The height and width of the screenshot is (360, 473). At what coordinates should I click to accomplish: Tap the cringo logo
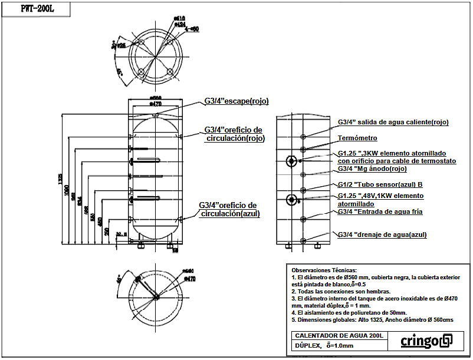coord(426,341)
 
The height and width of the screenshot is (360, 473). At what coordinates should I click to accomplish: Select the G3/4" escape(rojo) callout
coord(236,101)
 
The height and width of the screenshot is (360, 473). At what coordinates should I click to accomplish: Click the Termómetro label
coord(357,138)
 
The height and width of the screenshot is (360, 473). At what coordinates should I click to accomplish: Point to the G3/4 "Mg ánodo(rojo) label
coord(372,169)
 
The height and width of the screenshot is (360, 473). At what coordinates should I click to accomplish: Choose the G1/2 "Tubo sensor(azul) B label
coord(380,184)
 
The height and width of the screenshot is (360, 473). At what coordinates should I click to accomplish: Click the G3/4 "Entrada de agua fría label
coord(380,212)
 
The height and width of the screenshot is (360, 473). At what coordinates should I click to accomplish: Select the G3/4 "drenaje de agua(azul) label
coord(382,235)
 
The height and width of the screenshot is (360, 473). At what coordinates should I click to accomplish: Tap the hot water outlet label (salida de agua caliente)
coord(393,123)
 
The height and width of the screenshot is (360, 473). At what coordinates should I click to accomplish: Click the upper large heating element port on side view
coord(291,161)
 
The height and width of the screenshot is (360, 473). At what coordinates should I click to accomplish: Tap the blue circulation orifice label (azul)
coord(229,209)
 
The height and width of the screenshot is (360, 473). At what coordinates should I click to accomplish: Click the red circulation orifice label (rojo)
coord(234,134)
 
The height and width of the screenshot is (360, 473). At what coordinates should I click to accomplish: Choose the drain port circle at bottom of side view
coord(304,240)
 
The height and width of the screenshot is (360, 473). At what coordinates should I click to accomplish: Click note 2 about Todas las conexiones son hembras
coord(341,291)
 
